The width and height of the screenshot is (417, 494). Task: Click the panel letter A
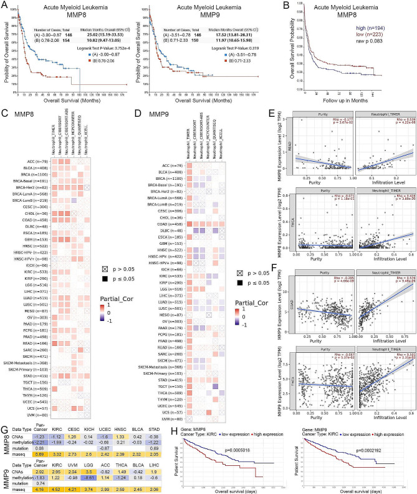coord(6,6)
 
